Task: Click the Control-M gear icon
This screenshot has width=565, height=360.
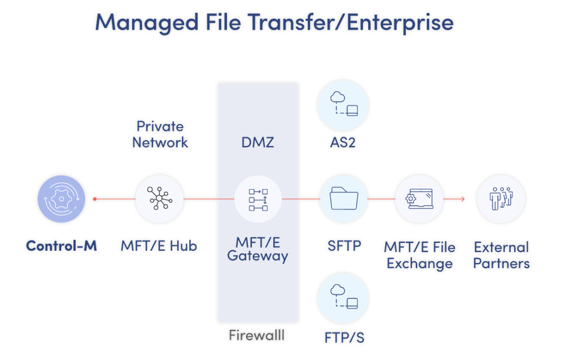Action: [61, 199]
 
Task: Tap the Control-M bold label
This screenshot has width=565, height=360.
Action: [61, 246]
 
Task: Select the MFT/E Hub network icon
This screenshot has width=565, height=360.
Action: [160, 199]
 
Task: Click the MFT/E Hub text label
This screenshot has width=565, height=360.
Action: [159, 246]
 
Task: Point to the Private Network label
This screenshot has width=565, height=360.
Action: [160, 134]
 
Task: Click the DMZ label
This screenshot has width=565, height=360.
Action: [258, 142]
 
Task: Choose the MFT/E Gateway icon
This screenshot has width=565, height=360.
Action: [258, 200]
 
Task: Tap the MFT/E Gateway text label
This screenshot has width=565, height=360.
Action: [258, 249]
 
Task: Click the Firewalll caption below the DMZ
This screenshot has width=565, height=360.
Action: [257, 335]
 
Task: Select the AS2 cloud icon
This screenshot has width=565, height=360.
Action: [343, 104]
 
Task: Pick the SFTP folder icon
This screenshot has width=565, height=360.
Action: [343, 199]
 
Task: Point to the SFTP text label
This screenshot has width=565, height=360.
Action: [344, 246]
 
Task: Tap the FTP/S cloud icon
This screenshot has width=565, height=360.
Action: [343, 297]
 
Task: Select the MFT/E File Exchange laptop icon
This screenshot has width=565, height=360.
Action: [419, 199]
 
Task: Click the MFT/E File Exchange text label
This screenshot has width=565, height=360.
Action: [420, 255]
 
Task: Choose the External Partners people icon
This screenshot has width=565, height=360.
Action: [501, 199]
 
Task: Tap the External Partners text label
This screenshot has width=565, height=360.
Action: [501, 255]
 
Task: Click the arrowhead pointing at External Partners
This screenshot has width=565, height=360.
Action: [462, 199]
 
